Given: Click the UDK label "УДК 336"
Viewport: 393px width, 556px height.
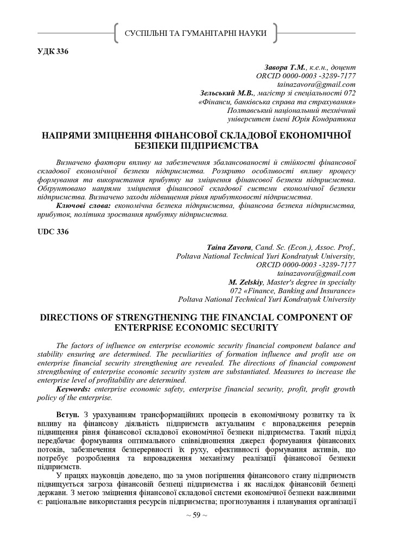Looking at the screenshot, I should [53, 52].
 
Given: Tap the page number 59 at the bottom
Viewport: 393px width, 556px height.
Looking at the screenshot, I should [196, 515].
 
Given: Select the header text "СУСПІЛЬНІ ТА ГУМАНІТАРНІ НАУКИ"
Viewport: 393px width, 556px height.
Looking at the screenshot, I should [196, 34].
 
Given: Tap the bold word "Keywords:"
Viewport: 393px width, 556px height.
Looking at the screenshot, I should [74, 389].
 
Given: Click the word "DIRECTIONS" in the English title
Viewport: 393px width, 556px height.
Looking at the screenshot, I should [71, 318].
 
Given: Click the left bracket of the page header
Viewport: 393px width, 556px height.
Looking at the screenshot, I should [117, 34].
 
